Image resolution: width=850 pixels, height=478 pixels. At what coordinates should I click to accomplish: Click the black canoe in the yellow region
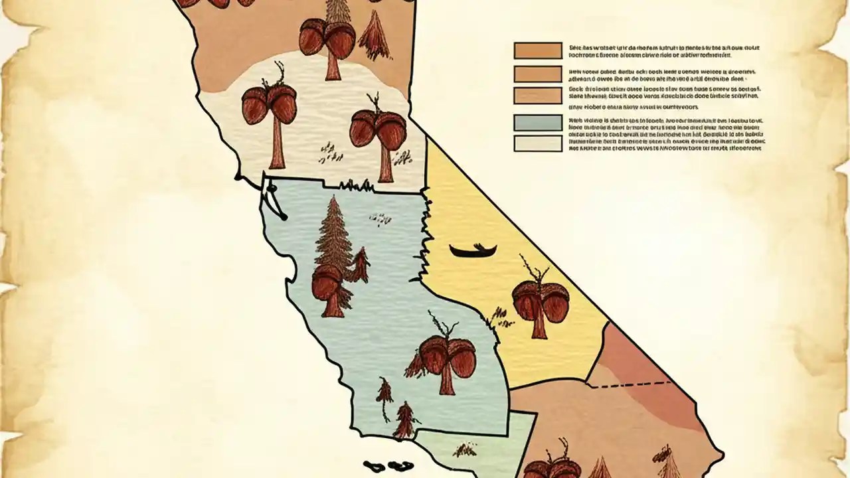point(473,251)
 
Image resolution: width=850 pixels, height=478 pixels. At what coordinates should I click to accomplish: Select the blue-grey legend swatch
point(537,123)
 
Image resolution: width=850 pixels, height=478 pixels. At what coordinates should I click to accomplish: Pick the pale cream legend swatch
point(537,143)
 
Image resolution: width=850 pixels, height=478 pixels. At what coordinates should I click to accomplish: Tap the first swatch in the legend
point(537,50)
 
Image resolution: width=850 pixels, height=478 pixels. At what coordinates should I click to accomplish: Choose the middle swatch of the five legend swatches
point(537,95)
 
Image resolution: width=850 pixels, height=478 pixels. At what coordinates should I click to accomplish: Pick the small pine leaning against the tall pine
point(360,266)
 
